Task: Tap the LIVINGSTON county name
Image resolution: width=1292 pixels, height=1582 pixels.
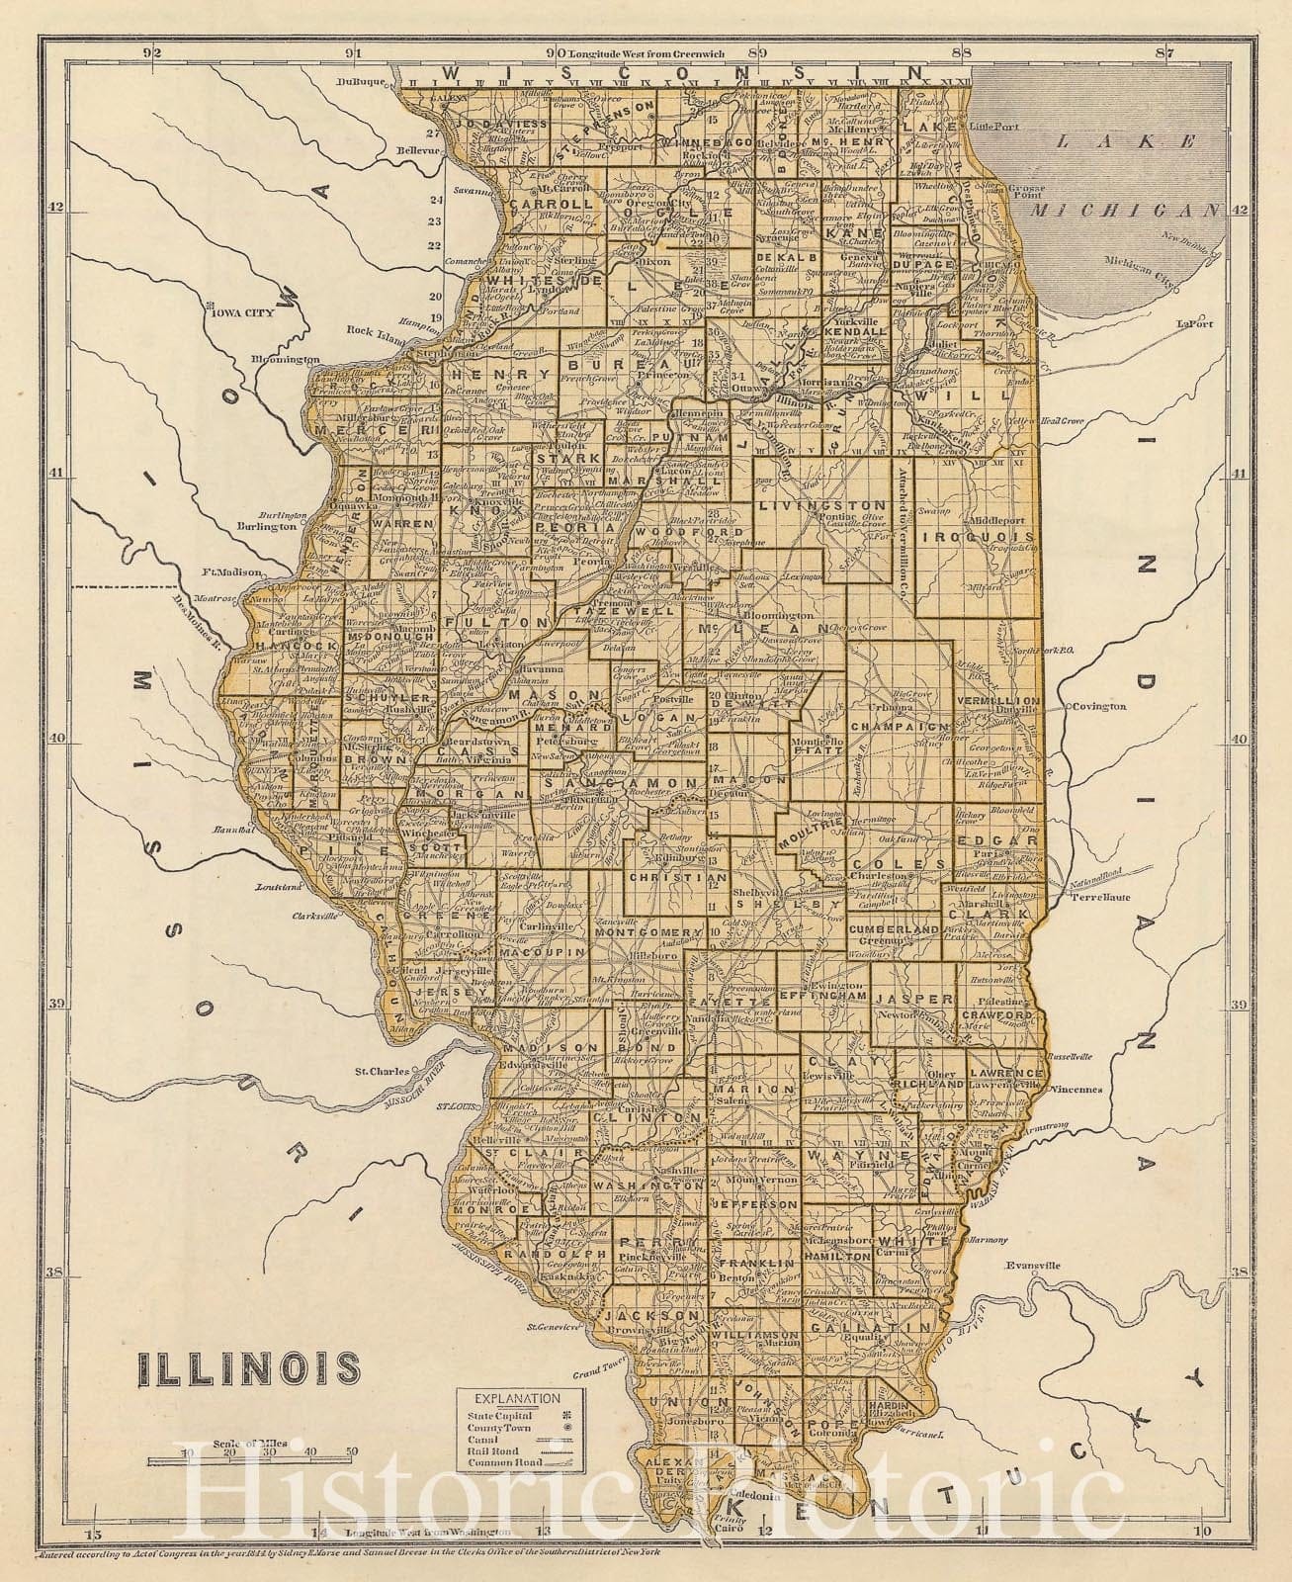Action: tap(808, 505)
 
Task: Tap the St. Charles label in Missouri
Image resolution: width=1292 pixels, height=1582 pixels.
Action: tap(382, 1071)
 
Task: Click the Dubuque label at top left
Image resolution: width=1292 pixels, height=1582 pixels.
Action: tap(359, 83)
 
